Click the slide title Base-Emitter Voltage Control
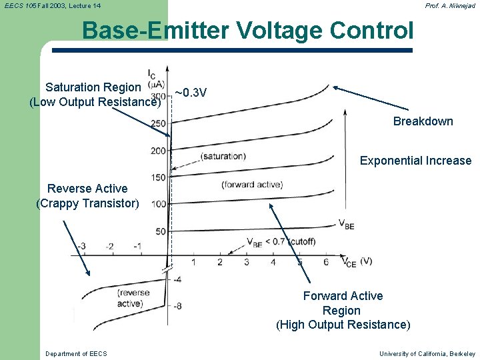pos(247,31)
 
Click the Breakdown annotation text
pos(423,121)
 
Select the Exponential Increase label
pos(415,161)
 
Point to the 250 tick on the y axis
pos(158,123)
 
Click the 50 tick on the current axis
pos(160,231)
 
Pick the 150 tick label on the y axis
pos(158,177)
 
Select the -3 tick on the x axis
pos(81,246)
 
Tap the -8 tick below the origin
pos(177,305)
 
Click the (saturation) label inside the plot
pos(223,157)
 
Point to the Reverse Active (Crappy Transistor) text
pos(87,196)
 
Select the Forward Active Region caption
pos(343,310)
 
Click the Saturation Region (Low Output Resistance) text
pos(95,95)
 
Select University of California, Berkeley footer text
pos(427,353)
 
